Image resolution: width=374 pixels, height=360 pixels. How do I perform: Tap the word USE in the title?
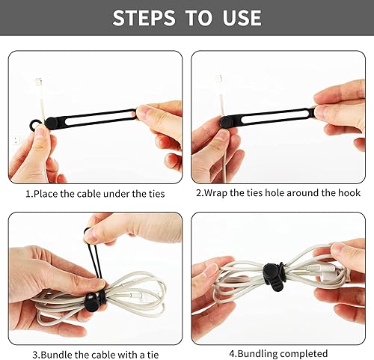click(x=236, y=18)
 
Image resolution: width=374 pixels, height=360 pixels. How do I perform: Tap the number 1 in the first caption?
click(x=28, y=194)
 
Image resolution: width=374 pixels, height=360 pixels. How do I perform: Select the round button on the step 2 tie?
click(x=225, y=120)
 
